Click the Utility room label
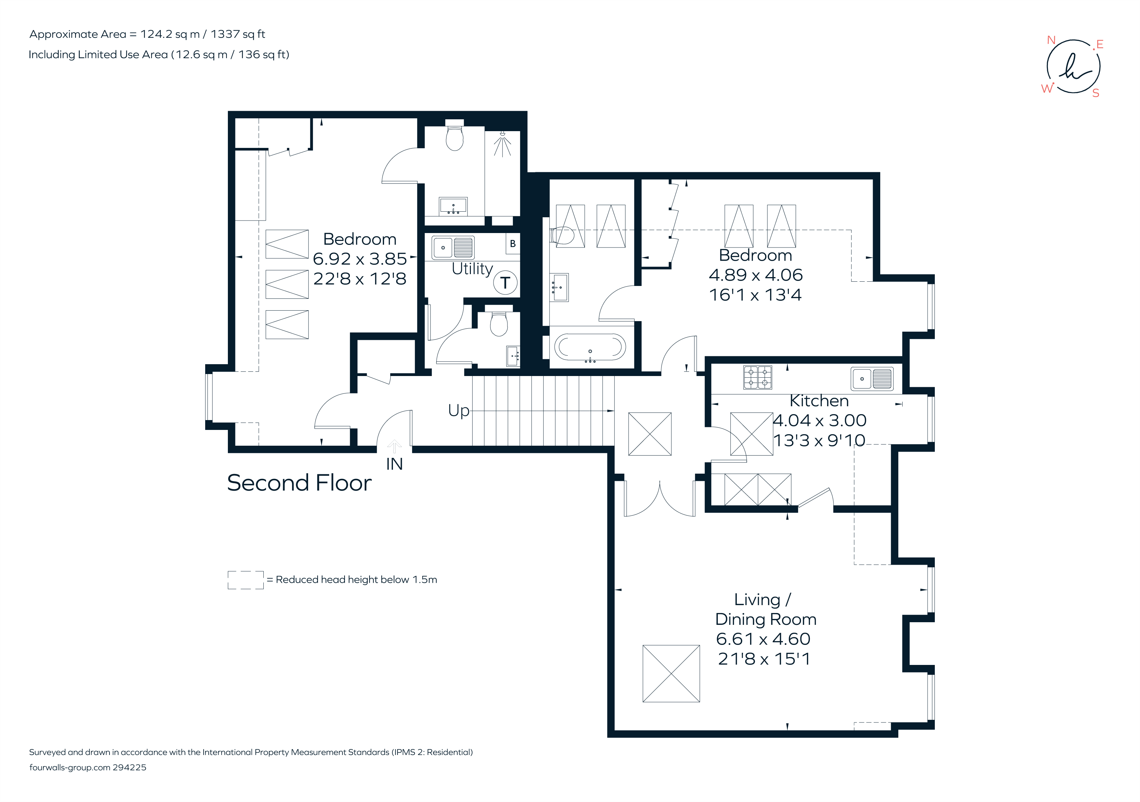[x=472, y=269]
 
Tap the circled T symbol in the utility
[x=505, y=283]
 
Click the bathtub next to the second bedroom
[x=590, y=347]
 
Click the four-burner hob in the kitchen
[x=757, y=377]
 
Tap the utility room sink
[x=453, y=247]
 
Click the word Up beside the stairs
[x=458, y=411]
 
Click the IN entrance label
[x=394, y=464]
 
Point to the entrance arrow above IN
[x=394, y=446]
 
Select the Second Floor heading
[x=299, y=483]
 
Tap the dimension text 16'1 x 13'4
[x=755, y=295]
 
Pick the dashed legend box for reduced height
[x=245, y=580]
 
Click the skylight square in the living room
[x=671, y=673]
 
